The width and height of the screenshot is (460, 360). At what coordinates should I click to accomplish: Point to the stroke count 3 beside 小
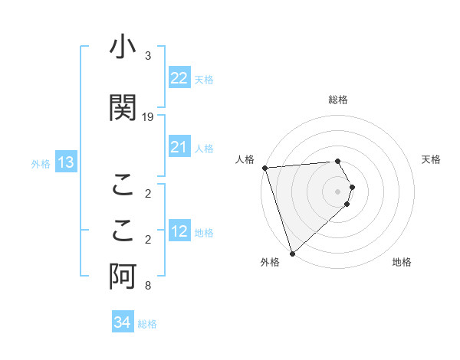click(x=148, y=57)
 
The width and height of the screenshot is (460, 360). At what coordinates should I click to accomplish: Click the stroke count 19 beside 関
click(x=148, y=116)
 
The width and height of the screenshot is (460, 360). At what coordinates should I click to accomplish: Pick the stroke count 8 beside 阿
click(x=148, y=286)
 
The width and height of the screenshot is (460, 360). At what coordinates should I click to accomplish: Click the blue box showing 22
click(x=179, y=78)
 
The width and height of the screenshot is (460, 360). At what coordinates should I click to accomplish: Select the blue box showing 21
click(x=179, y=147)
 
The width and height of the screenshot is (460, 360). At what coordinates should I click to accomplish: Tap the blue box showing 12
click(x=179, y=232)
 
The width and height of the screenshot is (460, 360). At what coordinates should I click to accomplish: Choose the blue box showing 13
click(x=65, y=162)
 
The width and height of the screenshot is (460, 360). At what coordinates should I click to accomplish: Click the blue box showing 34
click(x=122, y=322)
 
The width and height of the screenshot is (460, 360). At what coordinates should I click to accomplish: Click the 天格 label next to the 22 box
click(x=204, y=79)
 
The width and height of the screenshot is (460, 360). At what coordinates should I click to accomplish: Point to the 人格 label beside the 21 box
click(x=204, y=148)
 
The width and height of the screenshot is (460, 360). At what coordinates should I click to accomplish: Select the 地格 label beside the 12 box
click(x=204, y=233)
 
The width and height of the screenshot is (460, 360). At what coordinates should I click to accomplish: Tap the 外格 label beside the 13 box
click(x=41, y=163)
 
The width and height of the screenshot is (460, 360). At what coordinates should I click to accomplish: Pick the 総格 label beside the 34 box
click(x=147, y=323)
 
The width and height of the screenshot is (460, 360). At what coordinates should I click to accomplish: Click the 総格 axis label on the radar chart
click(x=338, y=100)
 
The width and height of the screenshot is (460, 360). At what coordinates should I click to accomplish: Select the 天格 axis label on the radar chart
click(x=432, y=159)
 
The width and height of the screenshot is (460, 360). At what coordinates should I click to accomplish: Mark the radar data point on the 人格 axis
click(x=264, y=168)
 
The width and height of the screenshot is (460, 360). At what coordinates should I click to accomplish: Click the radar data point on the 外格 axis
click(x=292, y=253)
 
